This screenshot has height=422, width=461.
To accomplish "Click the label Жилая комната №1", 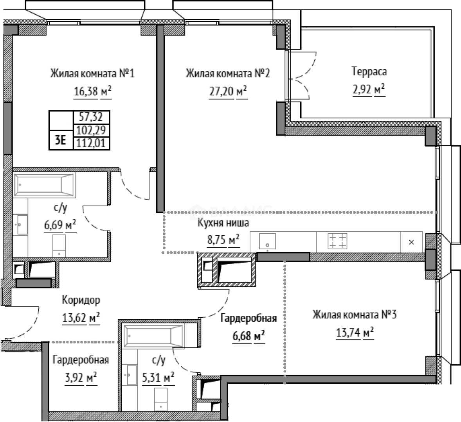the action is [x=92, y=73].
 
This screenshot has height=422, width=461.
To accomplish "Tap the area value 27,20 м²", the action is [x=228, y=91].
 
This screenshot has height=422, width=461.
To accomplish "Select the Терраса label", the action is [x=369, y=72].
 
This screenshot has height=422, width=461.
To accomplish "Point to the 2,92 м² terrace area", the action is [x=369, y=89].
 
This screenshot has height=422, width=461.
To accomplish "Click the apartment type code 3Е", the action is [x=61, y=140].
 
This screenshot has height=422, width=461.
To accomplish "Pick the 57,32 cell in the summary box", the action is [x=91, y=117].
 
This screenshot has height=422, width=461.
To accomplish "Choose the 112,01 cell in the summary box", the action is [x=91, y=143].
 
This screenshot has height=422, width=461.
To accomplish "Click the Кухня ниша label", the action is [x=223, y=223].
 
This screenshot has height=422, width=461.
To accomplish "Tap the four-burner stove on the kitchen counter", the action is [x=337, y=241].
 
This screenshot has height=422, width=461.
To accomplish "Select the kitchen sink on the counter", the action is [x=267, y=241].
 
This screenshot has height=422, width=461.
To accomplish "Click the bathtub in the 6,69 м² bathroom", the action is [x=44, y=184].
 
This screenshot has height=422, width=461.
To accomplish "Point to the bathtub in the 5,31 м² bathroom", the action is [x=153, y=336].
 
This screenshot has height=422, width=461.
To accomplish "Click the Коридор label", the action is [x=81, y=300].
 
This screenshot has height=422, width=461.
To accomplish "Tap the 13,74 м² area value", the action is [x=355, y=333].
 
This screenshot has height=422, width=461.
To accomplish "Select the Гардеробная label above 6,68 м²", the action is [x=249, y=318].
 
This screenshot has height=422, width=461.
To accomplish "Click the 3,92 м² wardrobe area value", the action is [x=81, y=377].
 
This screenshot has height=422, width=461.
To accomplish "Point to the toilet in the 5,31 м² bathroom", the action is [x=161, y=399].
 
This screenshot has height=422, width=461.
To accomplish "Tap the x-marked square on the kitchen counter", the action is [x=411, y=242].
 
